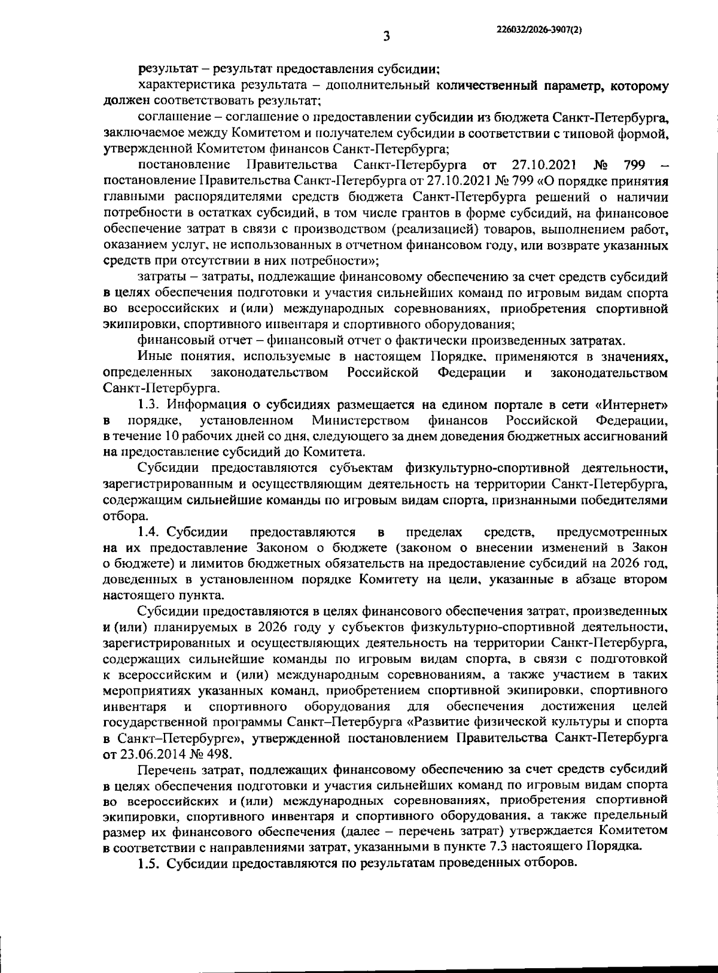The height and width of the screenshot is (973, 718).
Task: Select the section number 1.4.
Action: [150, 532]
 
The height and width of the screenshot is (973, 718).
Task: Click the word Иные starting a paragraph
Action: [155, 357]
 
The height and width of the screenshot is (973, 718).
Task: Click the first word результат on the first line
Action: [165, 68]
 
